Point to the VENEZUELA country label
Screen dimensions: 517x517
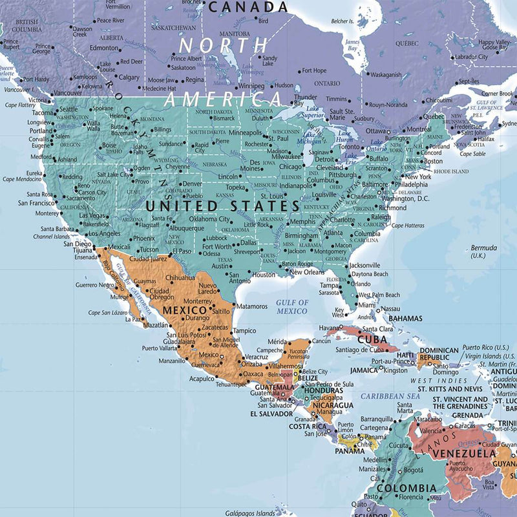pyautogui.click(x=463, y=454)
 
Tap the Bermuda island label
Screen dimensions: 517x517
pyautogui.click(x=483, y=248)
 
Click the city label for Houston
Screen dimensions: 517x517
pyautogui.click(x=264, y=275)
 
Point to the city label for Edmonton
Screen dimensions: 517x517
pyautogui.click(x=104, y=48)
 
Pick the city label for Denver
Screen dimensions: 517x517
pyautogui.click(x=191, y=184)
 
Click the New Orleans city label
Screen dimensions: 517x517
pyautogui.click(x=306, y=272)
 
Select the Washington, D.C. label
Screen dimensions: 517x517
pyautogui.click(x=405, y=199)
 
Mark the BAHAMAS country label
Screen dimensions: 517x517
pyautogui.click(x=405, y=319)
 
